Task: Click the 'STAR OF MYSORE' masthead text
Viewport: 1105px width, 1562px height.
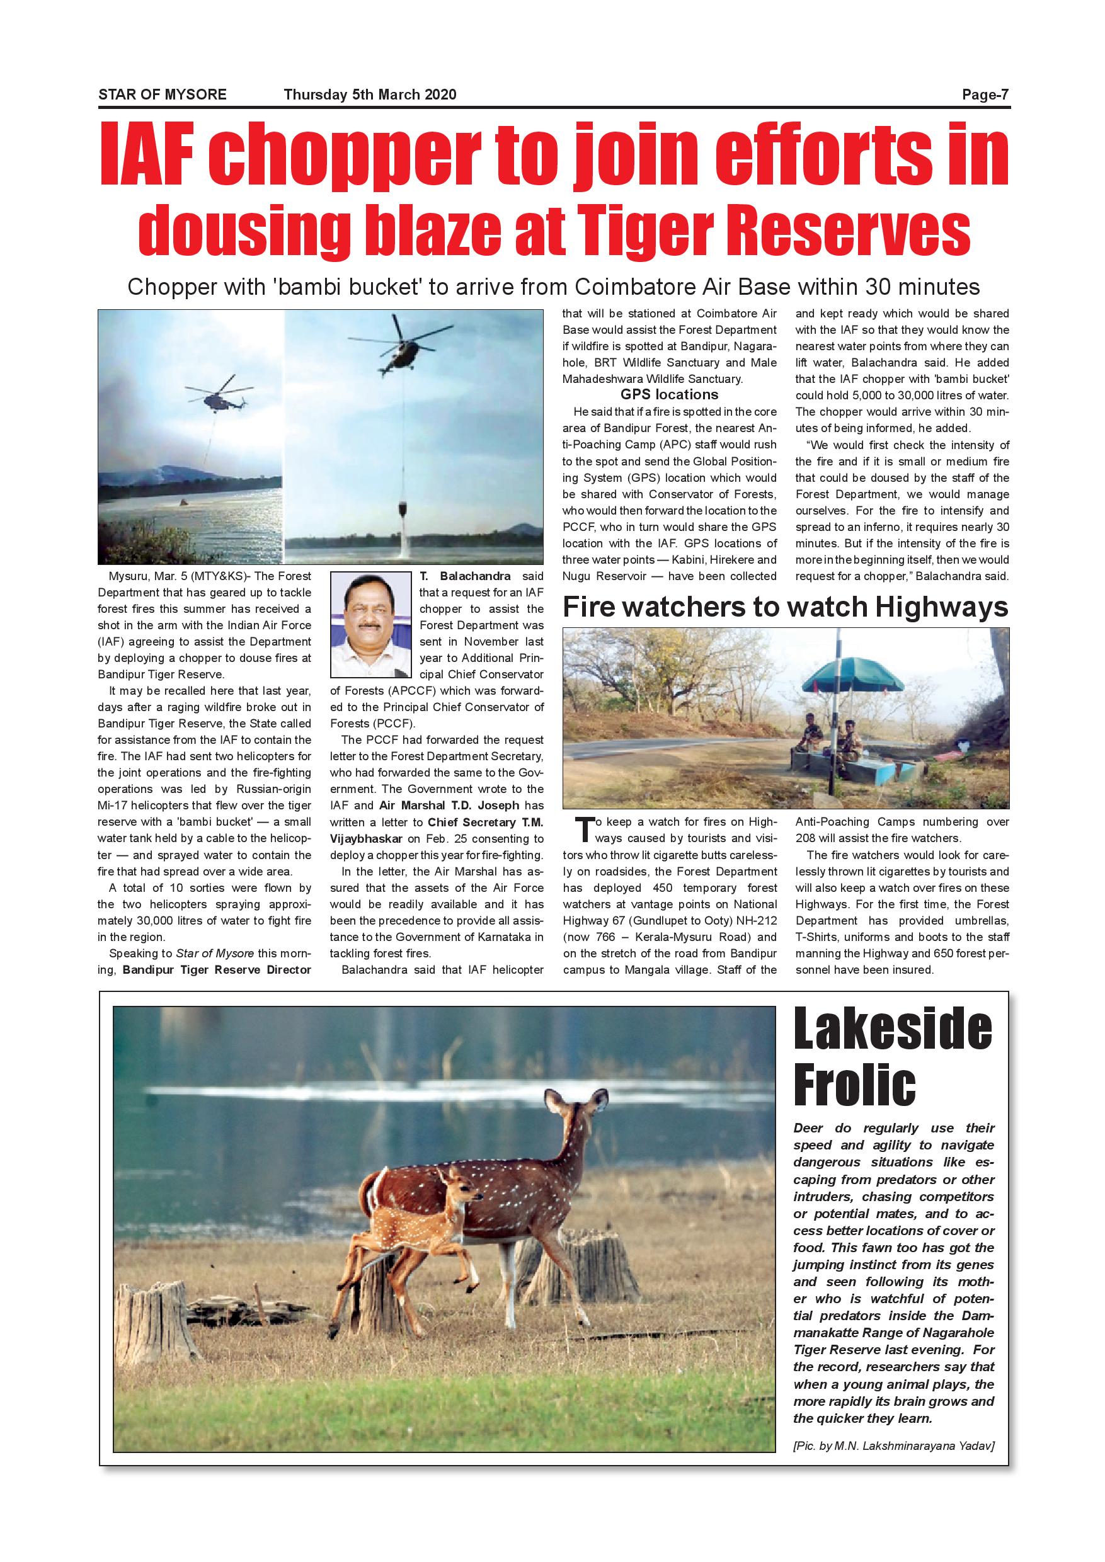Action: [x=162, y=94]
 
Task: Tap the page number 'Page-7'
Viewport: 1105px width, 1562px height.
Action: [x=985, y=94]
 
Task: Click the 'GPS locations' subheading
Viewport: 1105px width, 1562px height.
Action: [x=669, y=394]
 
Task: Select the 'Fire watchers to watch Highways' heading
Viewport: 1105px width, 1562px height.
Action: [x=785, y=607]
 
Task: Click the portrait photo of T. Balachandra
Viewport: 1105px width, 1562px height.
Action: [x=372, y=625]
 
